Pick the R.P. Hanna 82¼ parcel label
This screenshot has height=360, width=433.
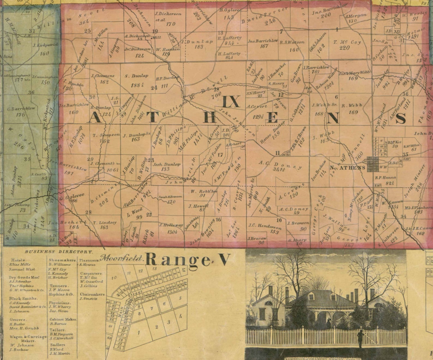click(x=385, y=180)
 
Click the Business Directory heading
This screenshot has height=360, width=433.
click(x=59, y=252)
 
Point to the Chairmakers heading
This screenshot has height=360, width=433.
click(x=92, y=294)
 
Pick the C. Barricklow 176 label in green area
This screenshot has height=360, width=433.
click(x=21, y=111)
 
